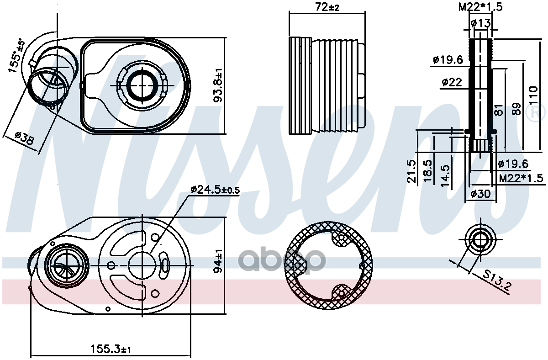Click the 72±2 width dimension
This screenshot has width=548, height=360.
point(327,7)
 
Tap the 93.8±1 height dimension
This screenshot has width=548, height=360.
point(218,85)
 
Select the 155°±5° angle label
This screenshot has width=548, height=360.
point(16,56)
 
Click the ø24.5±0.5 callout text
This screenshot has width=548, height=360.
point(215,190)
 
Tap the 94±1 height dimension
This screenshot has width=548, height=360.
point(218,261)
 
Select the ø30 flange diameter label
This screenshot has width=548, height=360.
point(481,194)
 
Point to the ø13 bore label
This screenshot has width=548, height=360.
point(481,23)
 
